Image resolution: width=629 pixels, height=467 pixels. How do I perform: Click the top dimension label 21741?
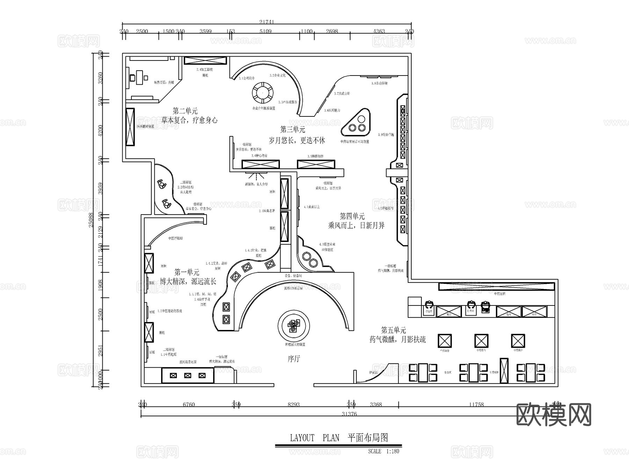pyautogui.click(x=267, y=22)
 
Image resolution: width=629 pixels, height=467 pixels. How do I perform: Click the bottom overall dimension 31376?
pyautogui.click(x=349, y=414)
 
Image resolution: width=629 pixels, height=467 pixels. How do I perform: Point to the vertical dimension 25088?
pyautogui.click(x=91, y=220)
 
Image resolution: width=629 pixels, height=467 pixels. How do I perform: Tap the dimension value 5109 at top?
pyautogui.click(x=266, y=31)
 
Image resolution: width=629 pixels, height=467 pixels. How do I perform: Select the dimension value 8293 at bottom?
pyautogui.click(x=294, y=404)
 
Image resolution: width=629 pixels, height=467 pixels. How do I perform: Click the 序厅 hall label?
pyautogui.click(x=294, y=359)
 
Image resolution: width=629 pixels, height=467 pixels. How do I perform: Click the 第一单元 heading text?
pyautogui.click(x=187, y=272)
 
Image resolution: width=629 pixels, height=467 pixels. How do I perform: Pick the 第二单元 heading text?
pyautogui.click(x=185, y=111)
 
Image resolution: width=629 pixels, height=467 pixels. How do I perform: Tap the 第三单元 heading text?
pyautogui.click(x=292, y=130)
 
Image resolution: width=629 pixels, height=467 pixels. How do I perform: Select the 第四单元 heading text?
pyautogui.click(x=352, y=216)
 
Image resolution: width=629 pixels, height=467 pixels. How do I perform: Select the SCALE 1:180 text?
pyautogui.click(x=383, y=451)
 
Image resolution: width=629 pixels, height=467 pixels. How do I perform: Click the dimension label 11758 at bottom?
pyautogui.click(x=476, y=404)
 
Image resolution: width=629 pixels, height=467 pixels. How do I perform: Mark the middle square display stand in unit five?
pyautogui.click(x=481, y=340)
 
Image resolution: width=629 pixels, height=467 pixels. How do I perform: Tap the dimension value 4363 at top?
pyautogui.click(x=379, y=31)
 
